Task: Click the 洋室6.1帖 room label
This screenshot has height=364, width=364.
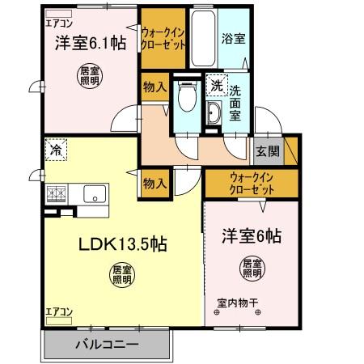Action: (x=91, y=44)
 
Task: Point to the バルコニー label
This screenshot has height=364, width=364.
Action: (x=108, y=345)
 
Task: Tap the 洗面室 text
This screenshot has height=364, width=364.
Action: (x=235, y=103)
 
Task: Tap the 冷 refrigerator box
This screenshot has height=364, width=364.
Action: (x=57, y=150)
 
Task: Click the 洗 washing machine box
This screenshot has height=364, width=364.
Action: (x=216, y=85)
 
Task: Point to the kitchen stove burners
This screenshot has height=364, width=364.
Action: (x=57, y=194)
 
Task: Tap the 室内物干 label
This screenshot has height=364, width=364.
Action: (x=237, y=304)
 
